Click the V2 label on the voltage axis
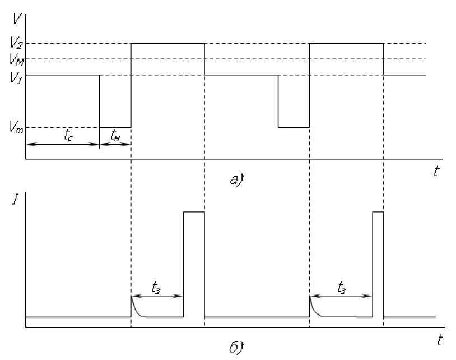coord(15,43)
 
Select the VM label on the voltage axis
coord(15,59)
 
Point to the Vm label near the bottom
coord(15,128)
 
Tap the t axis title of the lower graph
coord(440,339)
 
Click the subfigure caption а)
coord(235,180)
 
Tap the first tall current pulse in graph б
coord(194,264)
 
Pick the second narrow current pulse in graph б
coord(378,264)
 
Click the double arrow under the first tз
coord(157,296)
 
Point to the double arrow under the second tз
coord(341,296)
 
